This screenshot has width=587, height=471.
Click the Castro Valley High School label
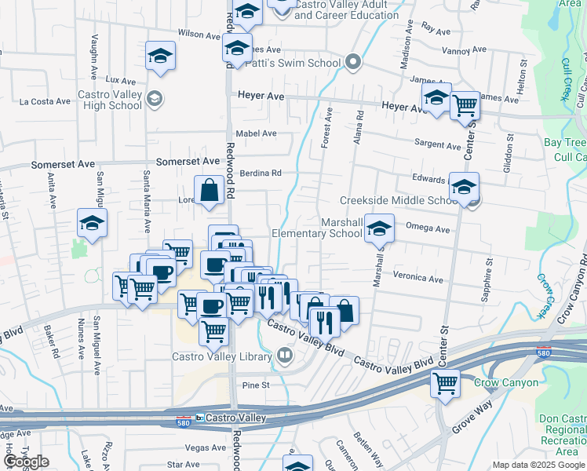coord(110,100)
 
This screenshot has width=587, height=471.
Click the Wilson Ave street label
coord(199,35)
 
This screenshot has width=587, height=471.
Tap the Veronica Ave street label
coord(418,277)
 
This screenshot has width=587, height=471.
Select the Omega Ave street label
coord(428,229)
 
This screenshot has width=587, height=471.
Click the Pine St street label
coord(256,385)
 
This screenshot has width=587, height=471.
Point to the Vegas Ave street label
coord(206,447)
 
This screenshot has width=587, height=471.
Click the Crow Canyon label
coord(506,383)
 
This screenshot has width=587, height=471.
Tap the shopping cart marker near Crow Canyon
coord(445,383)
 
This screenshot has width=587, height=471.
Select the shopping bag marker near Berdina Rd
coord(210,189)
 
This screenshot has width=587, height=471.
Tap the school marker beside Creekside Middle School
coord(464,187)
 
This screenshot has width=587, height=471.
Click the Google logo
coord(26,461)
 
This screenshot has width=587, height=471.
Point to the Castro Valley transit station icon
coord(199,417)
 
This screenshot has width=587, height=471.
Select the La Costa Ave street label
coord(46,101)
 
